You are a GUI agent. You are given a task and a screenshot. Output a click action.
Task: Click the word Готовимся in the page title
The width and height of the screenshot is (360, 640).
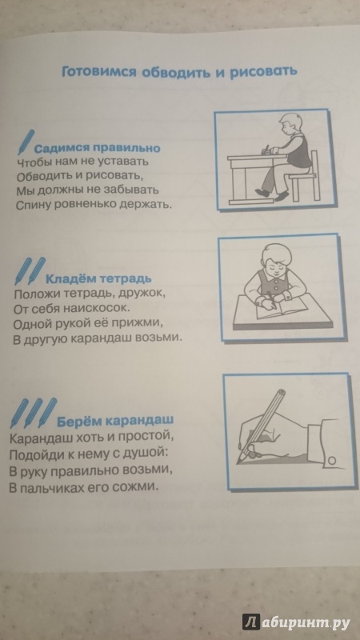click(x=98, y=73)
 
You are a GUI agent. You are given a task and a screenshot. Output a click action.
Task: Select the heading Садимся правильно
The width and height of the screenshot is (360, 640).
click(x=97, y=148)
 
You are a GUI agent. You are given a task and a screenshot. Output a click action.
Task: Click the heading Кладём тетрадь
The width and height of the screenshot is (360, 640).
click(x=98, y=279)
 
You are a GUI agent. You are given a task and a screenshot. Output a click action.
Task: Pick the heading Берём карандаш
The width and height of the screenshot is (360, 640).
click(x=115, y=421)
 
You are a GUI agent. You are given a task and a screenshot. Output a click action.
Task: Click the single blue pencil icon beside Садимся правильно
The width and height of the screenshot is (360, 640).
click(x=26, y=142)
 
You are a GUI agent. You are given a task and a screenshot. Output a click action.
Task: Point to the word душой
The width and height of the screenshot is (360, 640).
click(x=145, y=454)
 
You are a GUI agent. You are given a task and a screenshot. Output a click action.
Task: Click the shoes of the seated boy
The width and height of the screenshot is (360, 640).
click(x=272, y=194)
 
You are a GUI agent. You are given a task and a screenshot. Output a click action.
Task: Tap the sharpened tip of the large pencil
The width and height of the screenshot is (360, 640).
click(x=238, y=461)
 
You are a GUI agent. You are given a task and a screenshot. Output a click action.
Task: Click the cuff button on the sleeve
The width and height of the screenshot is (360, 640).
click(x=333, y=460)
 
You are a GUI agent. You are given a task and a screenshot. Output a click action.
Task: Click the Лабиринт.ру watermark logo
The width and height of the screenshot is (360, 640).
click(x=296, y=622)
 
